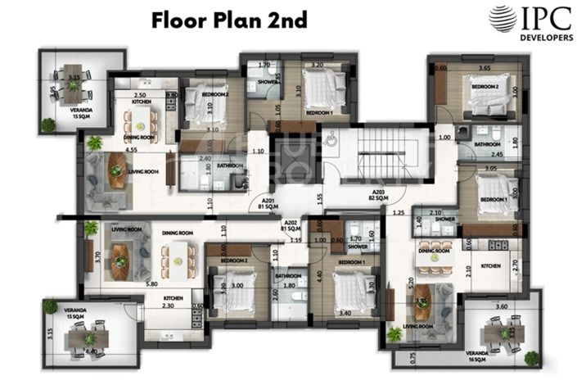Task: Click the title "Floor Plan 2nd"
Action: point(228,20)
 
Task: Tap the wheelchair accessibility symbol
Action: point(331,139)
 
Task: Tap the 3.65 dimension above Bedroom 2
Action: point(483,69)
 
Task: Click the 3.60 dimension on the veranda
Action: point(502,306)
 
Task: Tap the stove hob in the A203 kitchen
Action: point(495,242)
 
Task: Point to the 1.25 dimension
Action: point(398,213)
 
